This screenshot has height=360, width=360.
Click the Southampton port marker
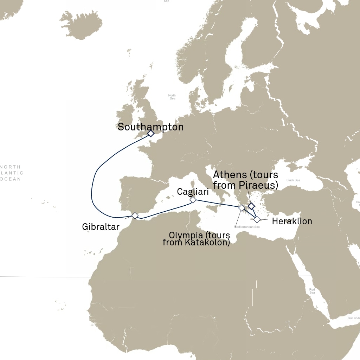[x=150, y=134]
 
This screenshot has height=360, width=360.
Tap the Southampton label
[x=150, y=127]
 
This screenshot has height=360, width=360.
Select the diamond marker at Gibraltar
[x=135, y=216]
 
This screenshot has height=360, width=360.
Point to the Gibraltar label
[x=101, y=227]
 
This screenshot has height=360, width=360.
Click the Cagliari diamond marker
[x=193, y=200]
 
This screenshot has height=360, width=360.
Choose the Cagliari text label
[x=193, y=192]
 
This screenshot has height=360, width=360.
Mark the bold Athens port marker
[x=251, y=206]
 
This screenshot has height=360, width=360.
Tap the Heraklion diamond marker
[x=257, y=220]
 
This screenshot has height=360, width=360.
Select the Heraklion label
[x=292, y=221]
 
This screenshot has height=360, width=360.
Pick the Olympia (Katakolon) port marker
[x=242, y=208]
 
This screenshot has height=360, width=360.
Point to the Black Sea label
[x=293, y=180]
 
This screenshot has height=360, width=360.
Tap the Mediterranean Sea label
[x=247, y=227]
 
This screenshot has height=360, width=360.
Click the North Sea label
[x=172, y=97]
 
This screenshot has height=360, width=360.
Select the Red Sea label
[x=312, y=291]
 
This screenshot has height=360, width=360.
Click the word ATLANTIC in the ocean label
[x=12, y=173]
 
